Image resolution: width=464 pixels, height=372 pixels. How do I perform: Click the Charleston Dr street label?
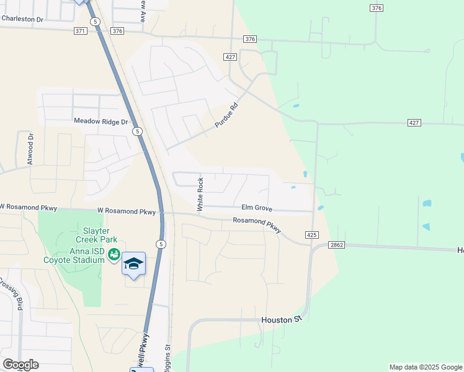(x=22, y=19)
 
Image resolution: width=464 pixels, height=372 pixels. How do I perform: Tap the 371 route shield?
(x=80, y=31)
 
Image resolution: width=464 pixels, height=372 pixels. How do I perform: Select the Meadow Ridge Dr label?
(x=100, y=122)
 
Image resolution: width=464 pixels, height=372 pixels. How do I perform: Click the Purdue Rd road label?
(x=226, y=116)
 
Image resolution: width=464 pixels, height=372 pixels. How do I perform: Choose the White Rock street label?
(x=200, y=195)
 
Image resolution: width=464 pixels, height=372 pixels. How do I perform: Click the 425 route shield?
(x=312, y=235)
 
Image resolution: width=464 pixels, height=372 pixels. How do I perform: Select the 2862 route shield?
(x=336, y=246)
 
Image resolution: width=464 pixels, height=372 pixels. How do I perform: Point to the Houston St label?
(x=280, y=319)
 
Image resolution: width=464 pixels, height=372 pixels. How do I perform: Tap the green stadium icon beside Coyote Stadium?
(x=114, y=254)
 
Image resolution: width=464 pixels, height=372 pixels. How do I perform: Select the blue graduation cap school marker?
(x=134, y=264)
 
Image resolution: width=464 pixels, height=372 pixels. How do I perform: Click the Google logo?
(x=20, y=365)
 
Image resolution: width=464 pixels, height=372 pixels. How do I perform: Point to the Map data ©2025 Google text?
(x=425, y=367)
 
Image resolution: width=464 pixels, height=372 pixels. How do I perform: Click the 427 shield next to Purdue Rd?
(x=230, y=57)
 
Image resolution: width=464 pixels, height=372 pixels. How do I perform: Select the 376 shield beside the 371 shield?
(x=118, y=31)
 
